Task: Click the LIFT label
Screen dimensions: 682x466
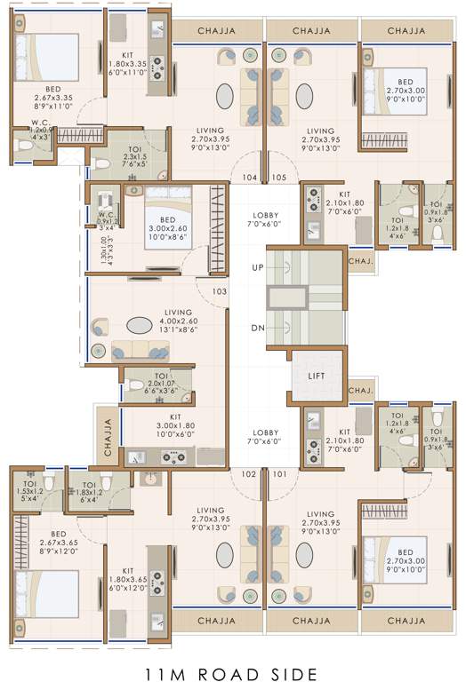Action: (x=317, y=376)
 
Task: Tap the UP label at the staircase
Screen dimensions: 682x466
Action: (x=258, y=266)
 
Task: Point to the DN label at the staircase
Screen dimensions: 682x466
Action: (x=258, y=328)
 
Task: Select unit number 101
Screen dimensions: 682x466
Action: (x=280, y=473)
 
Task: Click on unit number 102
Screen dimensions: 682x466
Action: (x=249, y=473)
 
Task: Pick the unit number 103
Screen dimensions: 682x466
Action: (x=219, y=290)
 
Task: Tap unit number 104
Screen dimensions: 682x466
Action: (x=249, y=178)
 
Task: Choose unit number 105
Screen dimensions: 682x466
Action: (x=279, y=178)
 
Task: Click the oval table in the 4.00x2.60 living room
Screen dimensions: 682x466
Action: (x=140, y=325)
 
